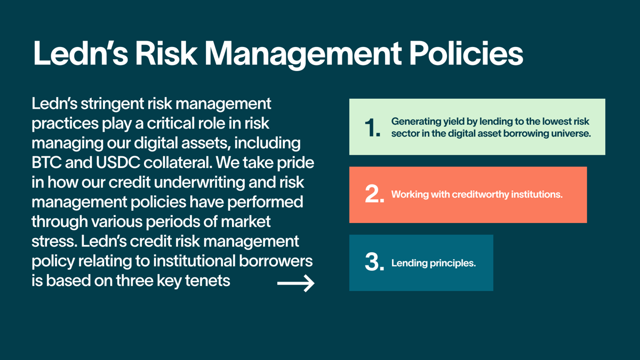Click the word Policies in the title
coord(466,53)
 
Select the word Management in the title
coord(303,55)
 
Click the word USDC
coord(118,163)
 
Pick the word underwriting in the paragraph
coord(199,182)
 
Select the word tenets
coord(207,281)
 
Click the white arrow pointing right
coord(295,283)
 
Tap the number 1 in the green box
coord(372,127)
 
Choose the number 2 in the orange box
coord(374,194)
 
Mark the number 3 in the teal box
coord(374,262)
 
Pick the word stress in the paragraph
coord(54,242)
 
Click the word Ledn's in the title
coord(81,53)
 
